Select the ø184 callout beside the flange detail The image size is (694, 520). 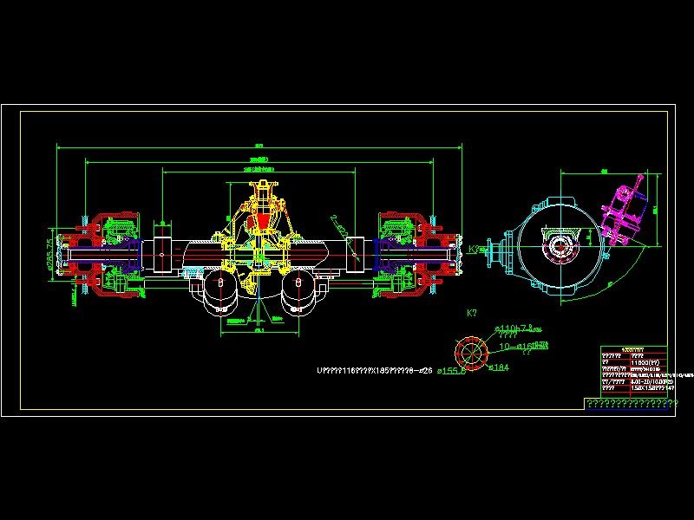(x=498, y=367)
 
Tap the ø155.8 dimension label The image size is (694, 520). (x=450, y=370)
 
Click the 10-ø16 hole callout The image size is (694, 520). (x=519, y=346)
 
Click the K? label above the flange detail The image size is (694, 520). (x=473, y=313)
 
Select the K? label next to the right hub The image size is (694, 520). (x=474, y=250)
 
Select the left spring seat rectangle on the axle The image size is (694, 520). (x=162, y=255)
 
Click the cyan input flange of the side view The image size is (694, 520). (x=498, y=254)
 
